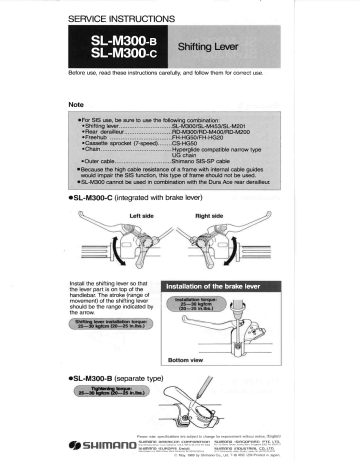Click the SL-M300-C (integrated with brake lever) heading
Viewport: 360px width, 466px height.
[131, 198]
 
